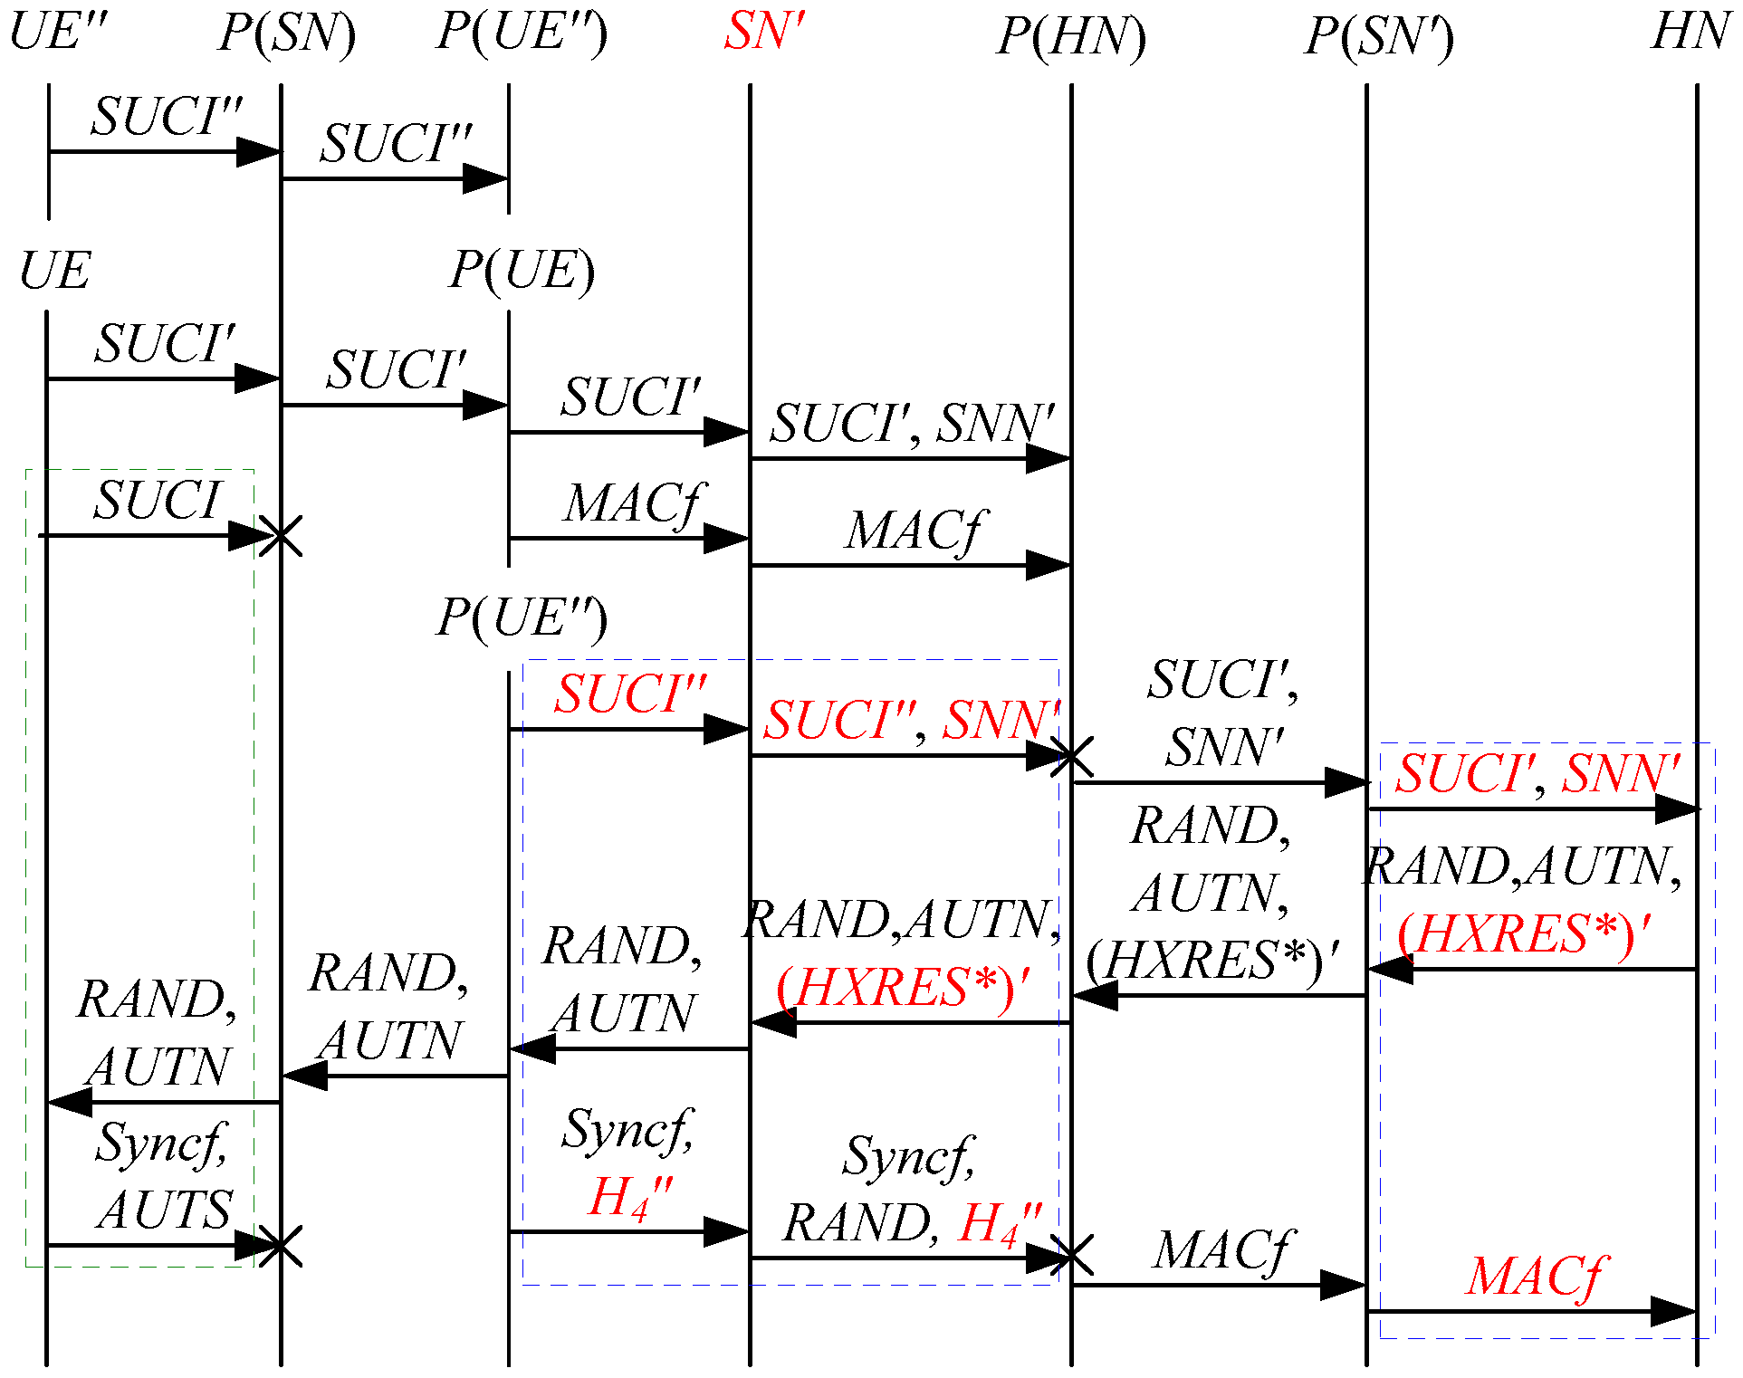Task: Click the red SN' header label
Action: [763, 33]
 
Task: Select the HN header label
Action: [1690, 33]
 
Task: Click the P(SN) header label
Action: [286, 34]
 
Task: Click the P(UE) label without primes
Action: [522, 271]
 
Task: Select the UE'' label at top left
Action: [58, 33]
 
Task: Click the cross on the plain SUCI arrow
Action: [281, 536]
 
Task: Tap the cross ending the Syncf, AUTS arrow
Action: [281, 1247]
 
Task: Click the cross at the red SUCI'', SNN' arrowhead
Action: [1071, 756]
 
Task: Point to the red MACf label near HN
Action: [1534, 1278]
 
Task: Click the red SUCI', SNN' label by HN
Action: [1537, 774]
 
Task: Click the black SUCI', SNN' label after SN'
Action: [912, 424]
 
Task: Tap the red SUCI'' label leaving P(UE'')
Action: [630, 695]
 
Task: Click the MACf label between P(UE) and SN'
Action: [633, 504]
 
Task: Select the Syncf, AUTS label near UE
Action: [163, 1175]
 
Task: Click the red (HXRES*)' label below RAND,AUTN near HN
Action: [1523, 934]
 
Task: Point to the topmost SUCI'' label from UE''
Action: [167, 118]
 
